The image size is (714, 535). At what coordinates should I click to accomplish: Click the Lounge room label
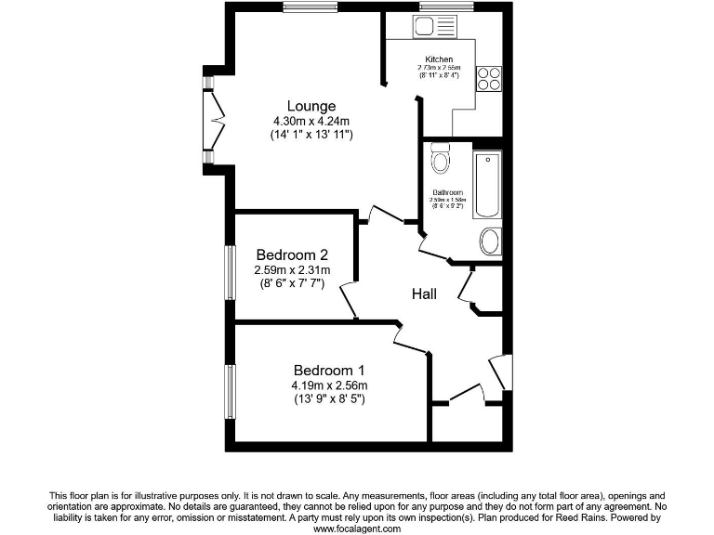pyautogui.click(x=311, y=106)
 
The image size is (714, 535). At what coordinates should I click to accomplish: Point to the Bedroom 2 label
pyautogui.click(x=292, y=254)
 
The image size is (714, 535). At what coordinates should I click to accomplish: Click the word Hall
pyautogui.click(x=425, y=294)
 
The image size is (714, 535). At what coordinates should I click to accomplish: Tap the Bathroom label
pyautogui.click(x=446, y=192)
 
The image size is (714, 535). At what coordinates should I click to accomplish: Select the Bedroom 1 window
pyautogui.click(x=229, y=391)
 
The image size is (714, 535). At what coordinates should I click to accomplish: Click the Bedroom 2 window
pyautogui.click(x=229, y=272)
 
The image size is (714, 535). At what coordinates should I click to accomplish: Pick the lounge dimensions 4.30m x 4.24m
pyautogui.click(x=311, y=122)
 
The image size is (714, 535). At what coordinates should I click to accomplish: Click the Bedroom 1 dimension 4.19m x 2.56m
pyautogui.click(x=330, y=386)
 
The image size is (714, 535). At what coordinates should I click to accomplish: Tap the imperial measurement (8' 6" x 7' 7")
pyautogui.click(x=292, y=284)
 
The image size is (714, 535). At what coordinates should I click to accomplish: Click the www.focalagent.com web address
pyautogui.click(x=357, y=528)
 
